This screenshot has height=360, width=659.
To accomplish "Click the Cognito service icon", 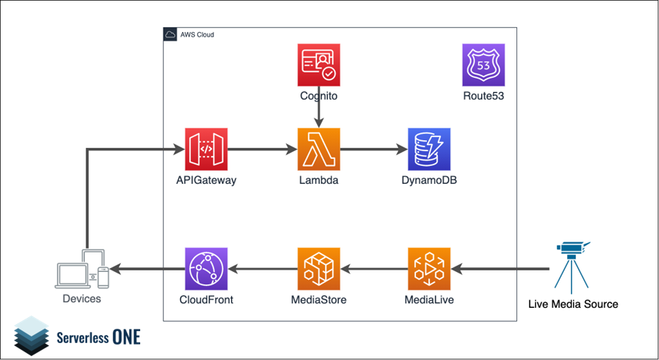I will pos(319,65).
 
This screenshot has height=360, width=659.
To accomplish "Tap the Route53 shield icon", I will pos(483,65).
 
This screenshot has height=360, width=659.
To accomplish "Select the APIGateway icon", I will pos(206,150).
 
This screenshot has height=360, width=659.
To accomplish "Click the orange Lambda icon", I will pos(319,150).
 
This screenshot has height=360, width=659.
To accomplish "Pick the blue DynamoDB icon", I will pos(429,150).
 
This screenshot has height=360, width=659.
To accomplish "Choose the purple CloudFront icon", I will pos(206,269).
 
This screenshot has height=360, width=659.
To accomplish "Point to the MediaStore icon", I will pos(319,269).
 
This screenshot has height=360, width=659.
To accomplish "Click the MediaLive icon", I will pos(429,269).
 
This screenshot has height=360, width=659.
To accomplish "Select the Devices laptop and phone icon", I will pos(83,270).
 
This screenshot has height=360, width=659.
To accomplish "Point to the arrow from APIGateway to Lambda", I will pos(263,150).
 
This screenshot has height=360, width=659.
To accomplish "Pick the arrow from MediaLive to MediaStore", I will pos(374,269).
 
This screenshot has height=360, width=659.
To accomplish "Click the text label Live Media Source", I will pos(573,304).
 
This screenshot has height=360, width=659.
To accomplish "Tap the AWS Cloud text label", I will pos(199,35).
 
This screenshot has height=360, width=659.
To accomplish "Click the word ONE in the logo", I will pos(126,337).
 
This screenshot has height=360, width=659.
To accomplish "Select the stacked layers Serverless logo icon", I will pos(31,335).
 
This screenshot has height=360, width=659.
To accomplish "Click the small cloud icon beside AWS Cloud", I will pos(171,35).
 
